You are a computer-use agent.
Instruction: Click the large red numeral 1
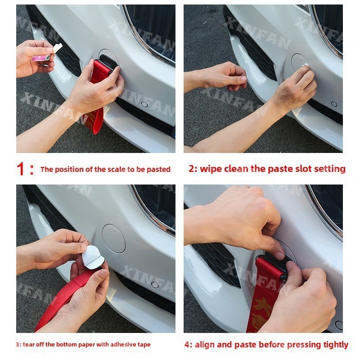point(20,169)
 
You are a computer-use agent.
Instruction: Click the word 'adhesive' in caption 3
point(123,344)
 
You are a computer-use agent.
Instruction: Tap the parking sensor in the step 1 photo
point(144,104)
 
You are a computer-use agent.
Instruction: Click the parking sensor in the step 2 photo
point(334,104)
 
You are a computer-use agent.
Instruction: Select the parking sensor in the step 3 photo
point(155,285)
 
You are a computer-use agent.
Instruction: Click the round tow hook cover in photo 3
point(114,238)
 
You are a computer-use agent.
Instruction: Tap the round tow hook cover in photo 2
point(301,62)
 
